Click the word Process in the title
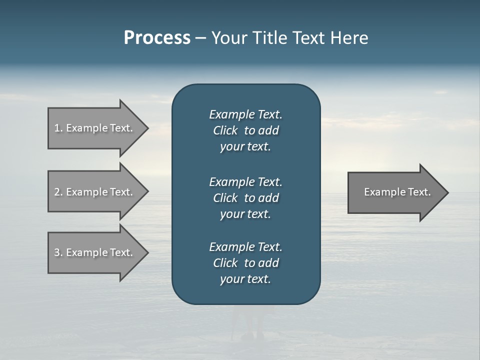157,38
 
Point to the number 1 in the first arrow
57,128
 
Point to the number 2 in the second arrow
57,192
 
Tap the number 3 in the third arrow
57,252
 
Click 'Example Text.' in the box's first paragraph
245,114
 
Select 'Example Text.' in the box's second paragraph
245,181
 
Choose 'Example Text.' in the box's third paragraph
245,247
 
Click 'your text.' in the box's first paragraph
245,147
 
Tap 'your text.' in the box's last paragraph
245,279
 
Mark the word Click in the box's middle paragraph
225,198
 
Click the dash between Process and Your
200,38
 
